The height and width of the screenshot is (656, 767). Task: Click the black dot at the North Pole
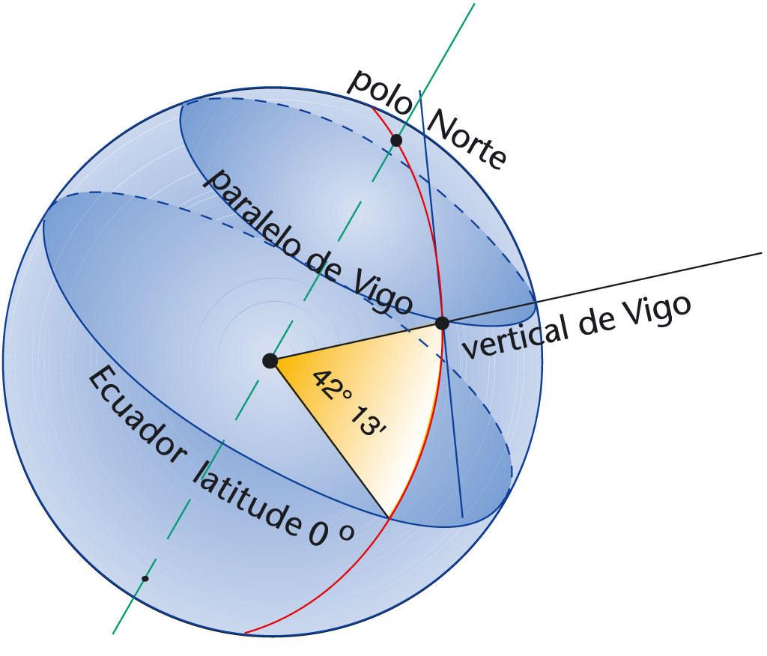[396, 140]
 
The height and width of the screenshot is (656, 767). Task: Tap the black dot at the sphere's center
[270, 361]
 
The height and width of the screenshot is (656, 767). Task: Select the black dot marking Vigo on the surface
[442, 324]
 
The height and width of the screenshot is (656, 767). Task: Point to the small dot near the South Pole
[145, 578]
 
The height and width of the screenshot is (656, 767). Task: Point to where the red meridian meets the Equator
[389, 517]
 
